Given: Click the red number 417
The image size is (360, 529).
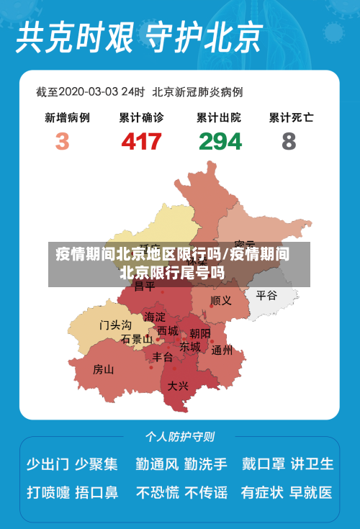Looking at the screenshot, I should pyautogui.click(x=141, y=140).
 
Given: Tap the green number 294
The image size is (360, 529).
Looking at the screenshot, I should pyautogui.click(x=220, y=140).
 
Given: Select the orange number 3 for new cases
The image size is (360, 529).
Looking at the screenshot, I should pyautogui.click(x=63, y=140).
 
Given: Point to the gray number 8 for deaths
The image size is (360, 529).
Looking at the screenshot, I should pyautogui.click(x=289, y=140).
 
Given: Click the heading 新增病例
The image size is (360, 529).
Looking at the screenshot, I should pyautogui.click(x=67, y=117).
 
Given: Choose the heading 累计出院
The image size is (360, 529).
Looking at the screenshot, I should pyautogui.click(x=219, y=117).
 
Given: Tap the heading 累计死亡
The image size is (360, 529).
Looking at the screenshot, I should pyautogui.click(x=291, y=117).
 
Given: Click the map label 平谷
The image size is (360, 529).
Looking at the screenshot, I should pyautogui.click(x=266, y=295).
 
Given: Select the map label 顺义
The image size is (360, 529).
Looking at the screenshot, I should pyautogui.click(x=221, y=300).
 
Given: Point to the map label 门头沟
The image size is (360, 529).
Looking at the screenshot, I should pyautogui.click(x=115, y=325).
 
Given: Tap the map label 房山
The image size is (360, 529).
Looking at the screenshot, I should pyautogui.click(x=104, y=370).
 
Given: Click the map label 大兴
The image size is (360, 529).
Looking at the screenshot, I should pyautogui.click(x=178, y=386).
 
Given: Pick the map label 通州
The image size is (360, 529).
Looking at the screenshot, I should pyautogui.click(x=222, y=351).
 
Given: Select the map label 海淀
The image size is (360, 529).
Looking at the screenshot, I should pyautogui.click(x=154, y=317).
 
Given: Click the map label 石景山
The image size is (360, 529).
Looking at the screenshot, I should pyautogui.click(x=136, y=339).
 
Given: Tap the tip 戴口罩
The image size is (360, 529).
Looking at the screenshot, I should pyautogui.click(x=263, y=464).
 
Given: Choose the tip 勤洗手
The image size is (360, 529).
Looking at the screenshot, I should pyautogui.click(x=205, y=464).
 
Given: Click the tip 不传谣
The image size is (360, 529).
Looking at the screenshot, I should pyautogui.click(x=206, y=493).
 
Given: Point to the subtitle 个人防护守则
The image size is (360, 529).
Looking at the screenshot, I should pyautogui.click(x=179, y=436).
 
